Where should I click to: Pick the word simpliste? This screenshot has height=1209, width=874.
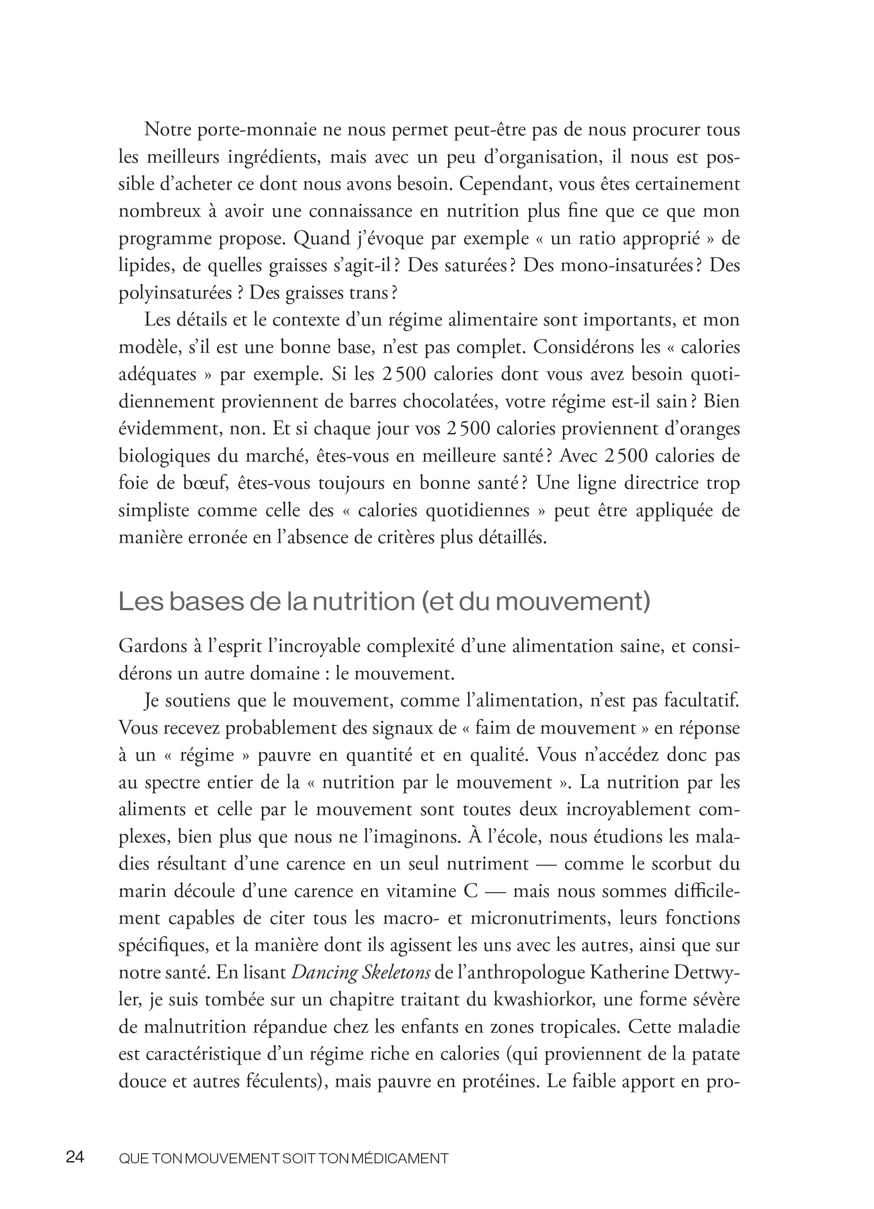(154, 510)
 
